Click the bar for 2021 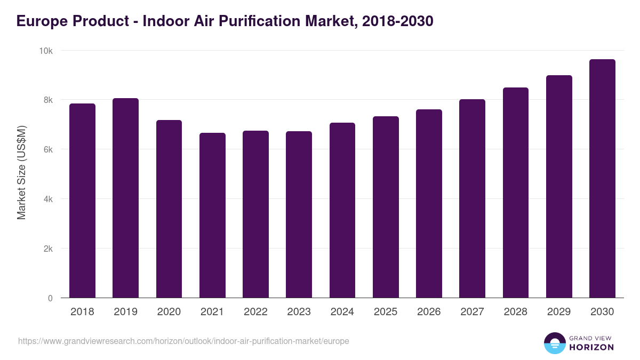tap(212, 215)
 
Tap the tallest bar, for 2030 tap(602, 179)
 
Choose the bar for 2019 tap(125, 198)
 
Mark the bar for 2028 tap(515, 193)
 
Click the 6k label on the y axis tap(47, 150)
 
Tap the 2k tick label tap(47, 249)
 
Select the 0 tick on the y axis tap(50, 299)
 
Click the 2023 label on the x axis tap(299, 312)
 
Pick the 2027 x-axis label tap(472, 312)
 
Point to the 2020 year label tap(169, 312)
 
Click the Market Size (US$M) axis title tap(21, 174)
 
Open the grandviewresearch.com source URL tap(183, 341)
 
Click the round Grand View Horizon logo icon tap(554, 343)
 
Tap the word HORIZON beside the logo tap(591, 347)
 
